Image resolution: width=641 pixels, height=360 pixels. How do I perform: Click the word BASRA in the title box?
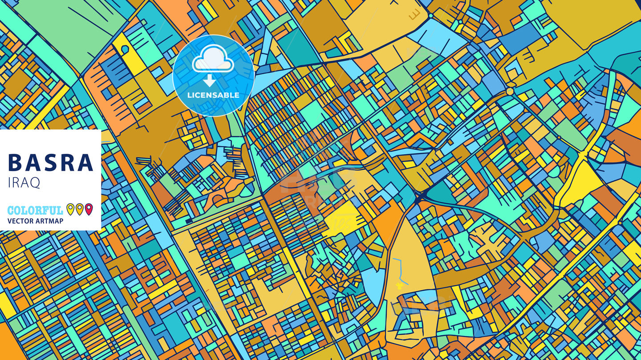click(x=51, y=163)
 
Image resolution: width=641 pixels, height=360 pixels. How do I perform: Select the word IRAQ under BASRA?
click(x=24, y=182)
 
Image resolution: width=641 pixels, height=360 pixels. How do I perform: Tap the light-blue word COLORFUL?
click(x=35, y=210)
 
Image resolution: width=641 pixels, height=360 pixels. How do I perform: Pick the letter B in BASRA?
click(x=15, y=163)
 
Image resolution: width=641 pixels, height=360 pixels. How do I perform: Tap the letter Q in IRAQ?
click(x=35, y=183)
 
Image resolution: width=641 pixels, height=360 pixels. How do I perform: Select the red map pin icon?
click(x=89, y=209)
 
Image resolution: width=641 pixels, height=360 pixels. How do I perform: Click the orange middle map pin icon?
click(x=79, y=209)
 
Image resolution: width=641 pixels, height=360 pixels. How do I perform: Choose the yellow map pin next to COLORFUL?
click(x=70, y=209)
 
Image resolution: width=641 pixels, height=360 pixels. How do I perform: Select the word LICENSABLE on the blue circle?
click(x=213, y=95)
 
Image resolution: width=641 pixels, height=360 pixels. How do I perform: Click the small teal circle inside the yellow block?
click(x=125, y=48)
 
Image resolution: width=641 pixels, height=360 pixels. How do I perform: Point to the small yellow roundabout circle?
click(x=510, y=91)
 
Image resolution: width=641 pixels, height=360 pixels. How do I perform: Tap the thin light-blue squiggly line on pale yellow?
click(x=401, y=269)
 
